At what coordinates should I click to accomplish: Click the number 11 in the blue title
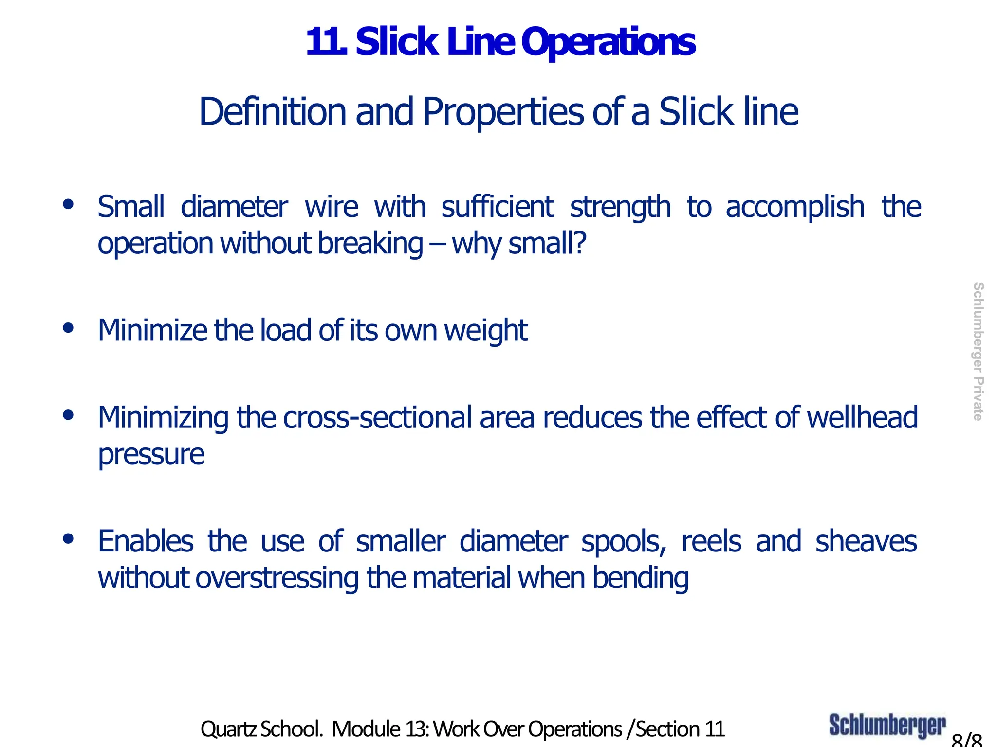point(325,43)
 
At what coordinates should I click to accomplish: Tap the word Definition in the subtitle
point(272,112)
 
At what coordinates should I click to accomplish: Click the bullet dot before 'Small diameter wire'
point(68,204)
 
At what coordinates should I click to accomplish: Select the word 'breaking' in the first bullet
point(370,244)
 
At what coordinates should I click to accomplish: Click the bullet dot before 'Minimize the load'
point(68,328)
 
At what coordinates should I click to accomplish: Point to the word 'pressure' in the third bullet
point(151,455)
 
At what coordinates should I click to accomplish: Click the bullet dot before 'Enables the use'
point(68,538)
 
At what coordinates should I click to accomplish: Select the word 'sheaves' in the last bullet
point(866,542)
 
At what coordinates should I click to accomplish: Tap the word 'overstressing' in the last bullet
point(277,578)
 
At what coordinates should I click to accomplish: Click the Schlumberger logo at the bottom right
point(887,726)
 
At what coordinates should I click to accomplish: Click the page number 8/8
point(967,740)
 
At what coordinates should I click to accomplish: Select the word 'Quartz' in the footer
point(228,729)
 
